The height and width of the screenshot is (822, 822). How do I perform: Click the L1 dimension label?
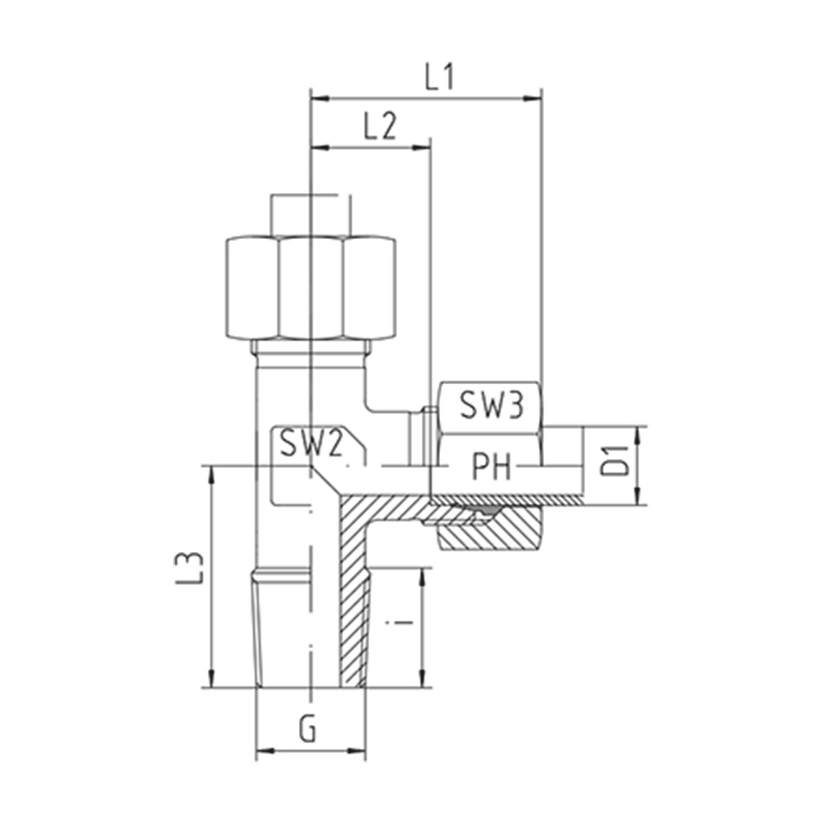click(439, 77)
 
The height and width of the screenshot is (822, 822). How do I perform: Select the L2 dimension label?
click(380, 126)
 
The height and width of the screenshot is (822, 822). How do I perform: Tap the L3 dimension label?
click(188, 568)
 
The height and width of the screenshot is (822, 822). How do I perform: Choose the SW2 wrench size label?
click(311, 444)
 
